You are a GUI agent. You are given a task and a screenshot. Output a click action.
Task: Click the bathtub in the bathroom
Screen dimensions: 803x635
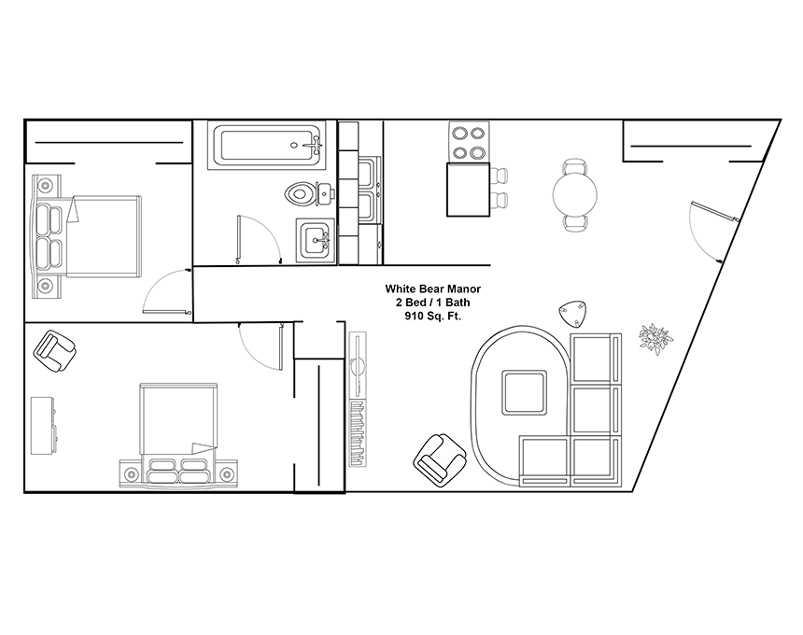(x=266, y=146)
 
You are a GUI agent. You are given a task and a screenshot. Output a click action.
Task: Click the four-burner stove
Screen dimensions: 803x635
(x=469, y=142)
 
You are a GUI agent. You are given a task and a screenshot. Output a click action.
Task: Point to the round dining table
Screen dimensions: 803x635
(x=575, y=194)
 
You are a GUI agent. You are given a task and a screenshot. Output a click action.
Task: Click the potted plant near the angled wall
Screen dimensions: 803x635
(x=656, y=339)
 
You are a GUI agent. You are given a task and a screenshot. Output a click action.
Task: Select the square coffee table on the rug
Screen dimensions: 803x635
(x=524, y=393)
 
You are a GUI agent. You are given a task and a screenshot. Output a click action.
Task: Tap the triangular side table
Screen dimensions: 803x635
(x=573, y=314)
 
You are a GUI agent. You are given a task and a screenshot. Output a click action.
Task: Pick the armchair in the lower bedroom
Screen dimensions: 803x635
(x=55, y=351)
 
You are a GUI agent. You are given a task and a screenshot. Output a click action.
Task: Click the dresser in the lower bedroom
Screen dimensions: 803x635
(x=43, y=425)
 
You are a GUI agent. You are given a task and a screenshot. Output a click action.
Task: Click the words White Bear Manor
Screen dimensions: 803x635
(x=432, y=289)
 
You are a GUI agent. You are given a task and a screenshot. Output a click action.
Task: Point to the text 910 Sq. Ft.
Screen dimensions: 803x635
(x=432, y=316)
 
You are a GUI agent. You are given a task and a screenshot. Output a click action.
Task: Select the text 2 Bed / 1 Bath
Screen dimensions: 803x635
(x=432, y=303)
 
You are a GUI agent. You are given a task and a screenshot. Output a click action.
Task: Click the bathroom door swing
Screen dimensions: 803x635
(x=260, y=239)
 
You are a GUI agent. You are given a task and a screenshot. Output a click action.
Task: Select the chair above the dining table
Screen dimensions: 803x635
(x=575, y=167)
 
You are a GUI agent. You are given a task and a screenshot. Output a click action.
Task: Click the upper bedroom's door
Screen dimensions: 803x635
(x=166, y=291)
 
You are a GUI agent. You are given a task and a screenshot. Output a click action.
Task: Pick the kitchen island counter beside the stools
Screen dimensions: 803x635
(x=469, y=190)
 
